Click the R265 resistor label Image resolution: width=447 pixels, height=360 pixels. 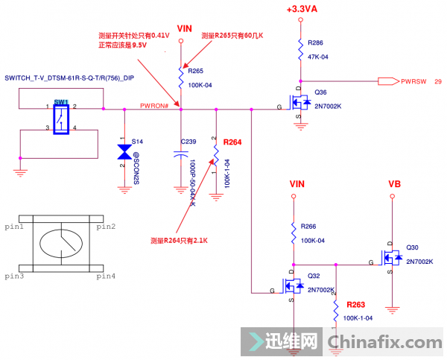(196, 72)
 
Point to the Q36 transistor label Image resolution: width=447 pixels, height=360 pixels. (320, 92)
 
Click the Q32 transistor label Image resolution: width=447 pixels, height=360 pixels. (314, 274)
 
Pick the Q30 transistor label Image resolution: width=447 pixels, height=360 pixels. (412, 248)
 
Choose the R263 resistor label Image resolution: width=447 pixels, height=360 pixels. (356, 305)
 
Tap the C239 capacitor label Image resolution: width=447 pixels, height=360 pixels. (188, 140)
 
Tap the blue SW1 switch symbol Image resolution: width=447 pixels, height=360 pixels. (60, 118)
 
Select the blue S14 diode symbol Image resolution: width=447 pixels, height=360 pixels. (124, 151)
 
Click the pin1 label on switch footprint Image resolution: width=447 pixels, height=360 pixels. (14, 227)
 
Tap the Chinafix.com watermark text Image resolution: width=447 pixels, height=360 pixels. (384, 342)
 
